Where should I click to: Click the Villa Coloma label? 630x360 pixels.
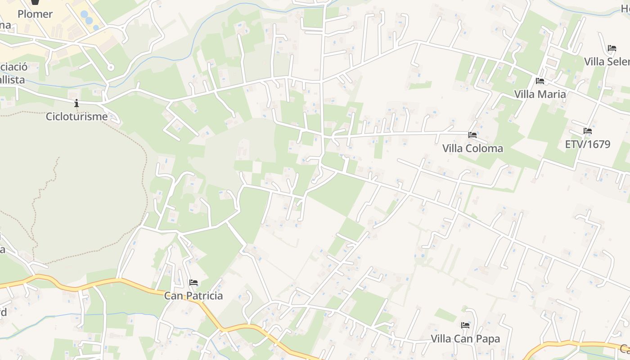pos(472,148)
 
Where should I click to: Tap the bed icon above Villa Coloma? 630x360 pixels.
pos(472,135)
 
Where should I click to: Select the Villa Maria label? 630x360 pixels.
pos(540,94)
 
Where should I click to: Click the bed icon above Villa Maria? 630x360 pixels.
pos(540,81)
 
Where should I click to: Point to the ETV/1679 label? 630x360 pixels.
pos(587,144)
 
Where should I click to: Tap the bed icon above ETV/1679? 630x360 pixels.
pos(587,131)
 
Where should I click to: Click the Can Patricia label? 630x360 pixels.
pos(193,296)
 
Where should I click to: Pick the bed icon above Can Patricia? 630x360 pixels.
pos(193,283)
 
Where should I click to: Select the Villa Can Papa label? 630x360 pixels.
pos(465,338)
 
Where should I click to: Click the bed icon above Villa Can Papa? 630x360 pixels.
pos(465,325)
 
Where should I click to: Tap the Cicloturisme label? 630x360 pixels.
pos(76,117)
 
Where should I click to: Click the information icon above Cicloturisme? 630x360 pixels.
pos(76,103)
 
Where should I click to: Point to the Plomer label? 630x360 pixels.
pos(35,14)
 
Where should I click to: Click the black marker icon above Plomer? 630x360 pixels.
pos(35,3)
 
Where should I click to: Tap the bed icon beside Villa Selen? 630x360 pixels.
pos(612,48)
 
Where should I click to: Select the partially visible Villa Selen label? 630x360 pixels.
pos(607,61)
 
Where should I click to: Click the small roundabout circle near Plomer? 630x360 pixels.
pos(111,67)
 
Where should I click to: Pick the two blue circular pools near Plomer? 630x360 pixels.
pos(86,17)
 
